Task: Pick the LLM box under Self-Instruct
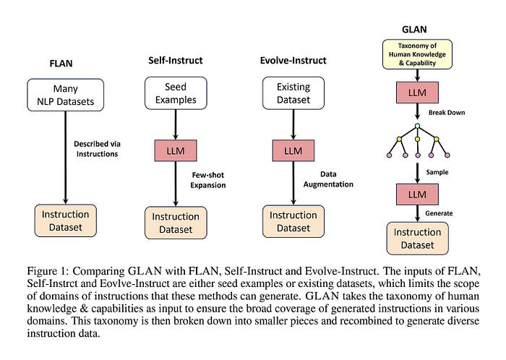point(176,150)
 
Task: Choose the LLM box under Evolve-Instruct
point(293,150)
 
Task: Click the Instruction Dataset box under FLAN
point(66,221)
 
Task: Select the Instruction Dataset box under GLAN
point(417,239)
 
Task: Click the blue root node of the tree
point(418,126)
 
